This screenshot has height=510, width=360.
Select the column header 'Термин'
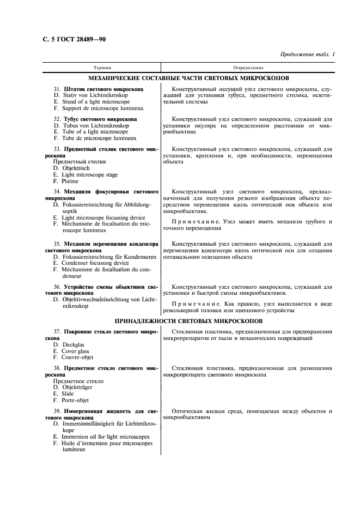[x=102, y=68]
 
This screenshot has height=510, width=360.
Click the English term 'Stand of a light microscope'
[x=95, y=101]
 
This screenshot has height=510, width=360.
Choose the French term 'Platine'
[x=70, y=181]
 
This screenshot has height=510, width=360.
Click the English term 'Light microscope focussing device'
[x=103, y=217]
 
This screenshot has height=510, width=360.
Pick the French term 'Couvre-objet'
[x=78, y=358]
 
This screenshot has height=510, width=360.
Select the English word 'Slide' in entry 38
[x=68, y=393]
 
